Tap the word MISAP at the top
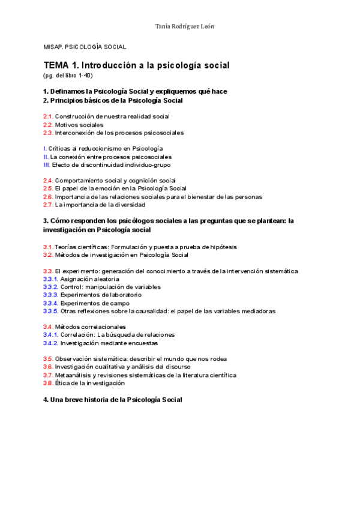53,47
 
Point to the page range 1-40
86,76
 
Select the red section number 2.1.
48,116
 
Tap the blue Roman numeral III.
47,164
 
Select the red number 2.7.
48,205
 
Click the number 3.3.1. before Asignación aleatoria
50,279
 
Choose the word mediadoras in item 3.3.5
257,311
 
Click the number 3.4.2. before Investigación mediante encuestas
50,343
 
